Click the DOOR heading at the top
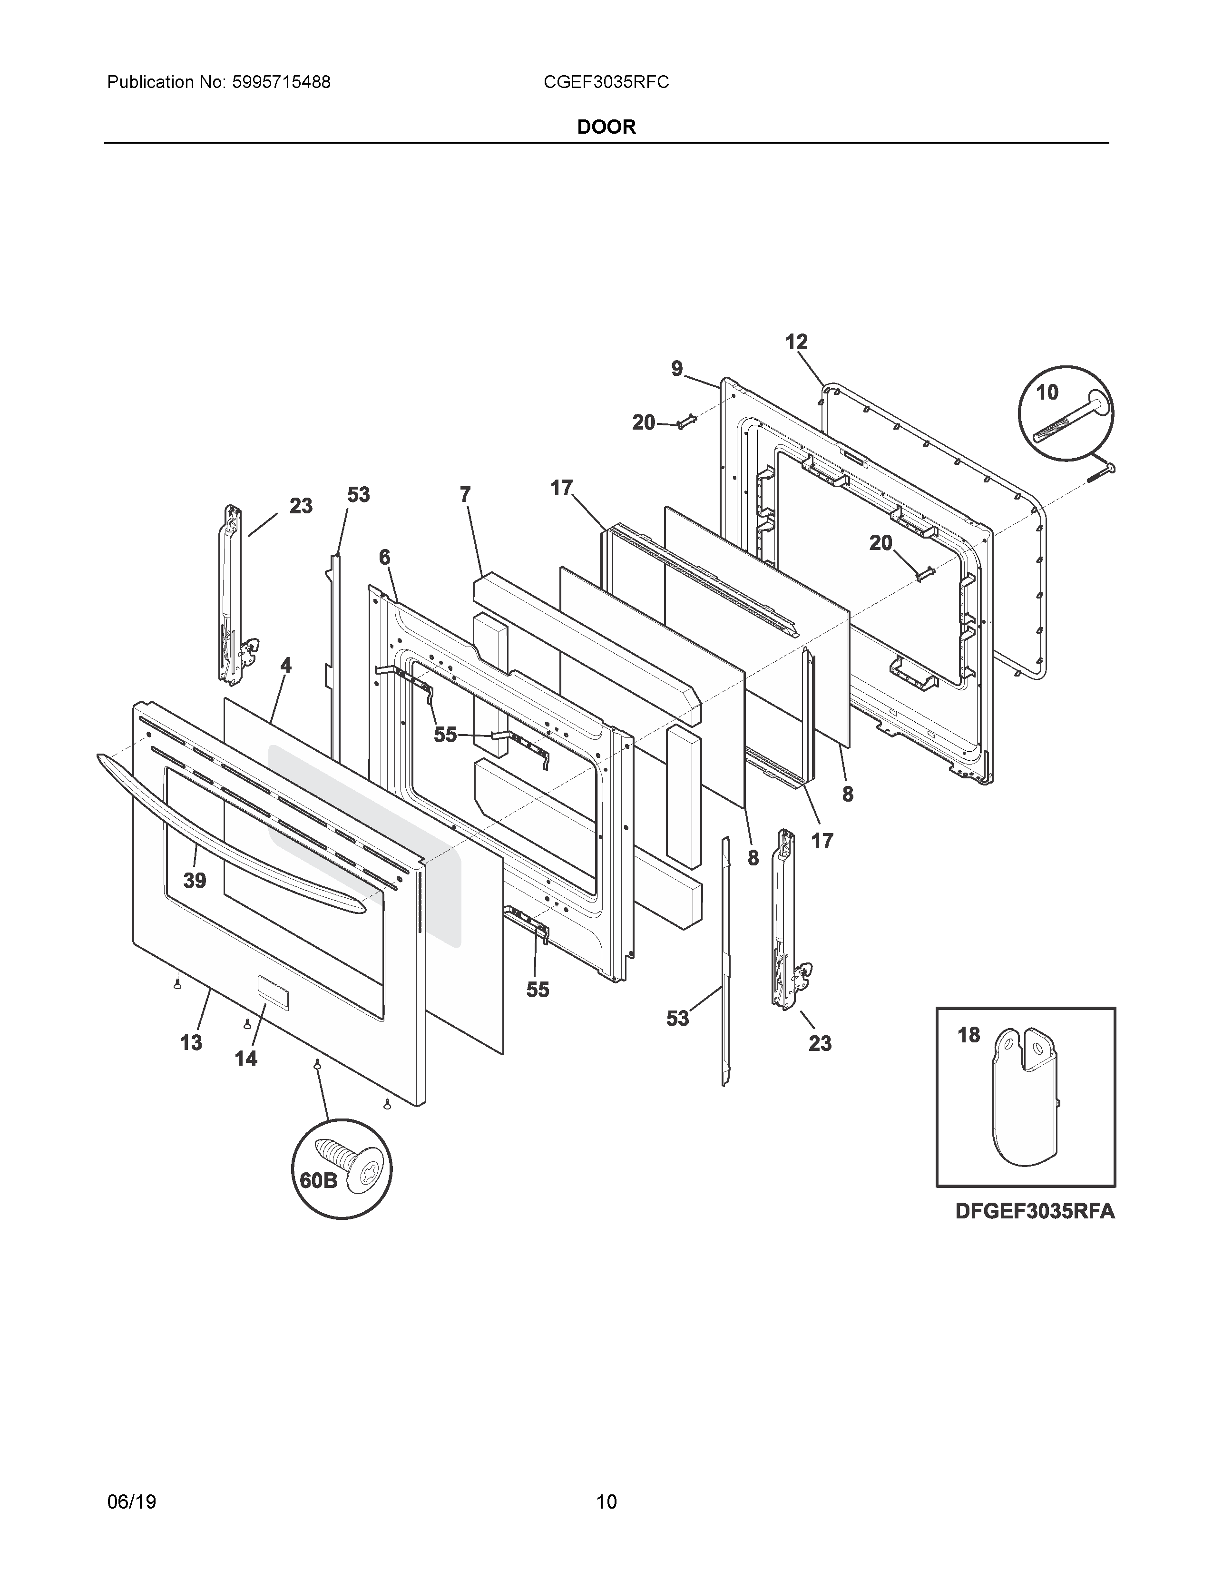tap(606, 127)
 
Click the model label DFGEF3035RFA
tap(1034, 1211)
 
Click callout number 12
tap(796, 342)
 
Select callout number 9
tap(677, 369)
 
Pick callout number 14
tap(246, 1058)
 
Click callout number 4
tap(286, 666)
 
